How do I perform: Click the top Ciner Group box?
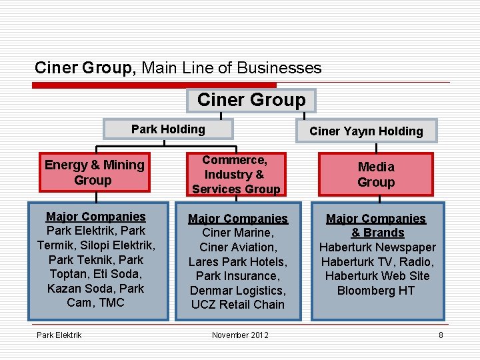(251, 101)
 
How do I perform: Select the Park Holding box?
(168, 129)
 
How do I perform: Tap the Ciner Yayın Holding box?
(366, 131)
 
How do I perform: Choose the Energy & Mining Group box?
(94, 173)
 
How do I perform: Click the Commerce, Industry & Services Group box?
(235, 175)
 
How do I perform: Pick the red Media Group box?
(376, 175)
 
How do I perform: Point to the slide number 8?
(441, 335)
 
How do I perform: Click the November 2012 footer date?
(240, 335)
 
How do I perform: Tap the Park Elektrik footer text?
(59, 335)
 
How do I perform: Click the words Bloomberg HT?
(376, 291)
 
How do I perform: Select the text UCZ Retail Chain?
(238, 305)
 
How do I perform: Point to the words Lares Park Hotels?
(238, 261)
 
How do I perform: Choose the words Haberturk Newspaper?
(377, 247)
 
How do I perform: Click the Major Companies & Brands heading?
(376, 225)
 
